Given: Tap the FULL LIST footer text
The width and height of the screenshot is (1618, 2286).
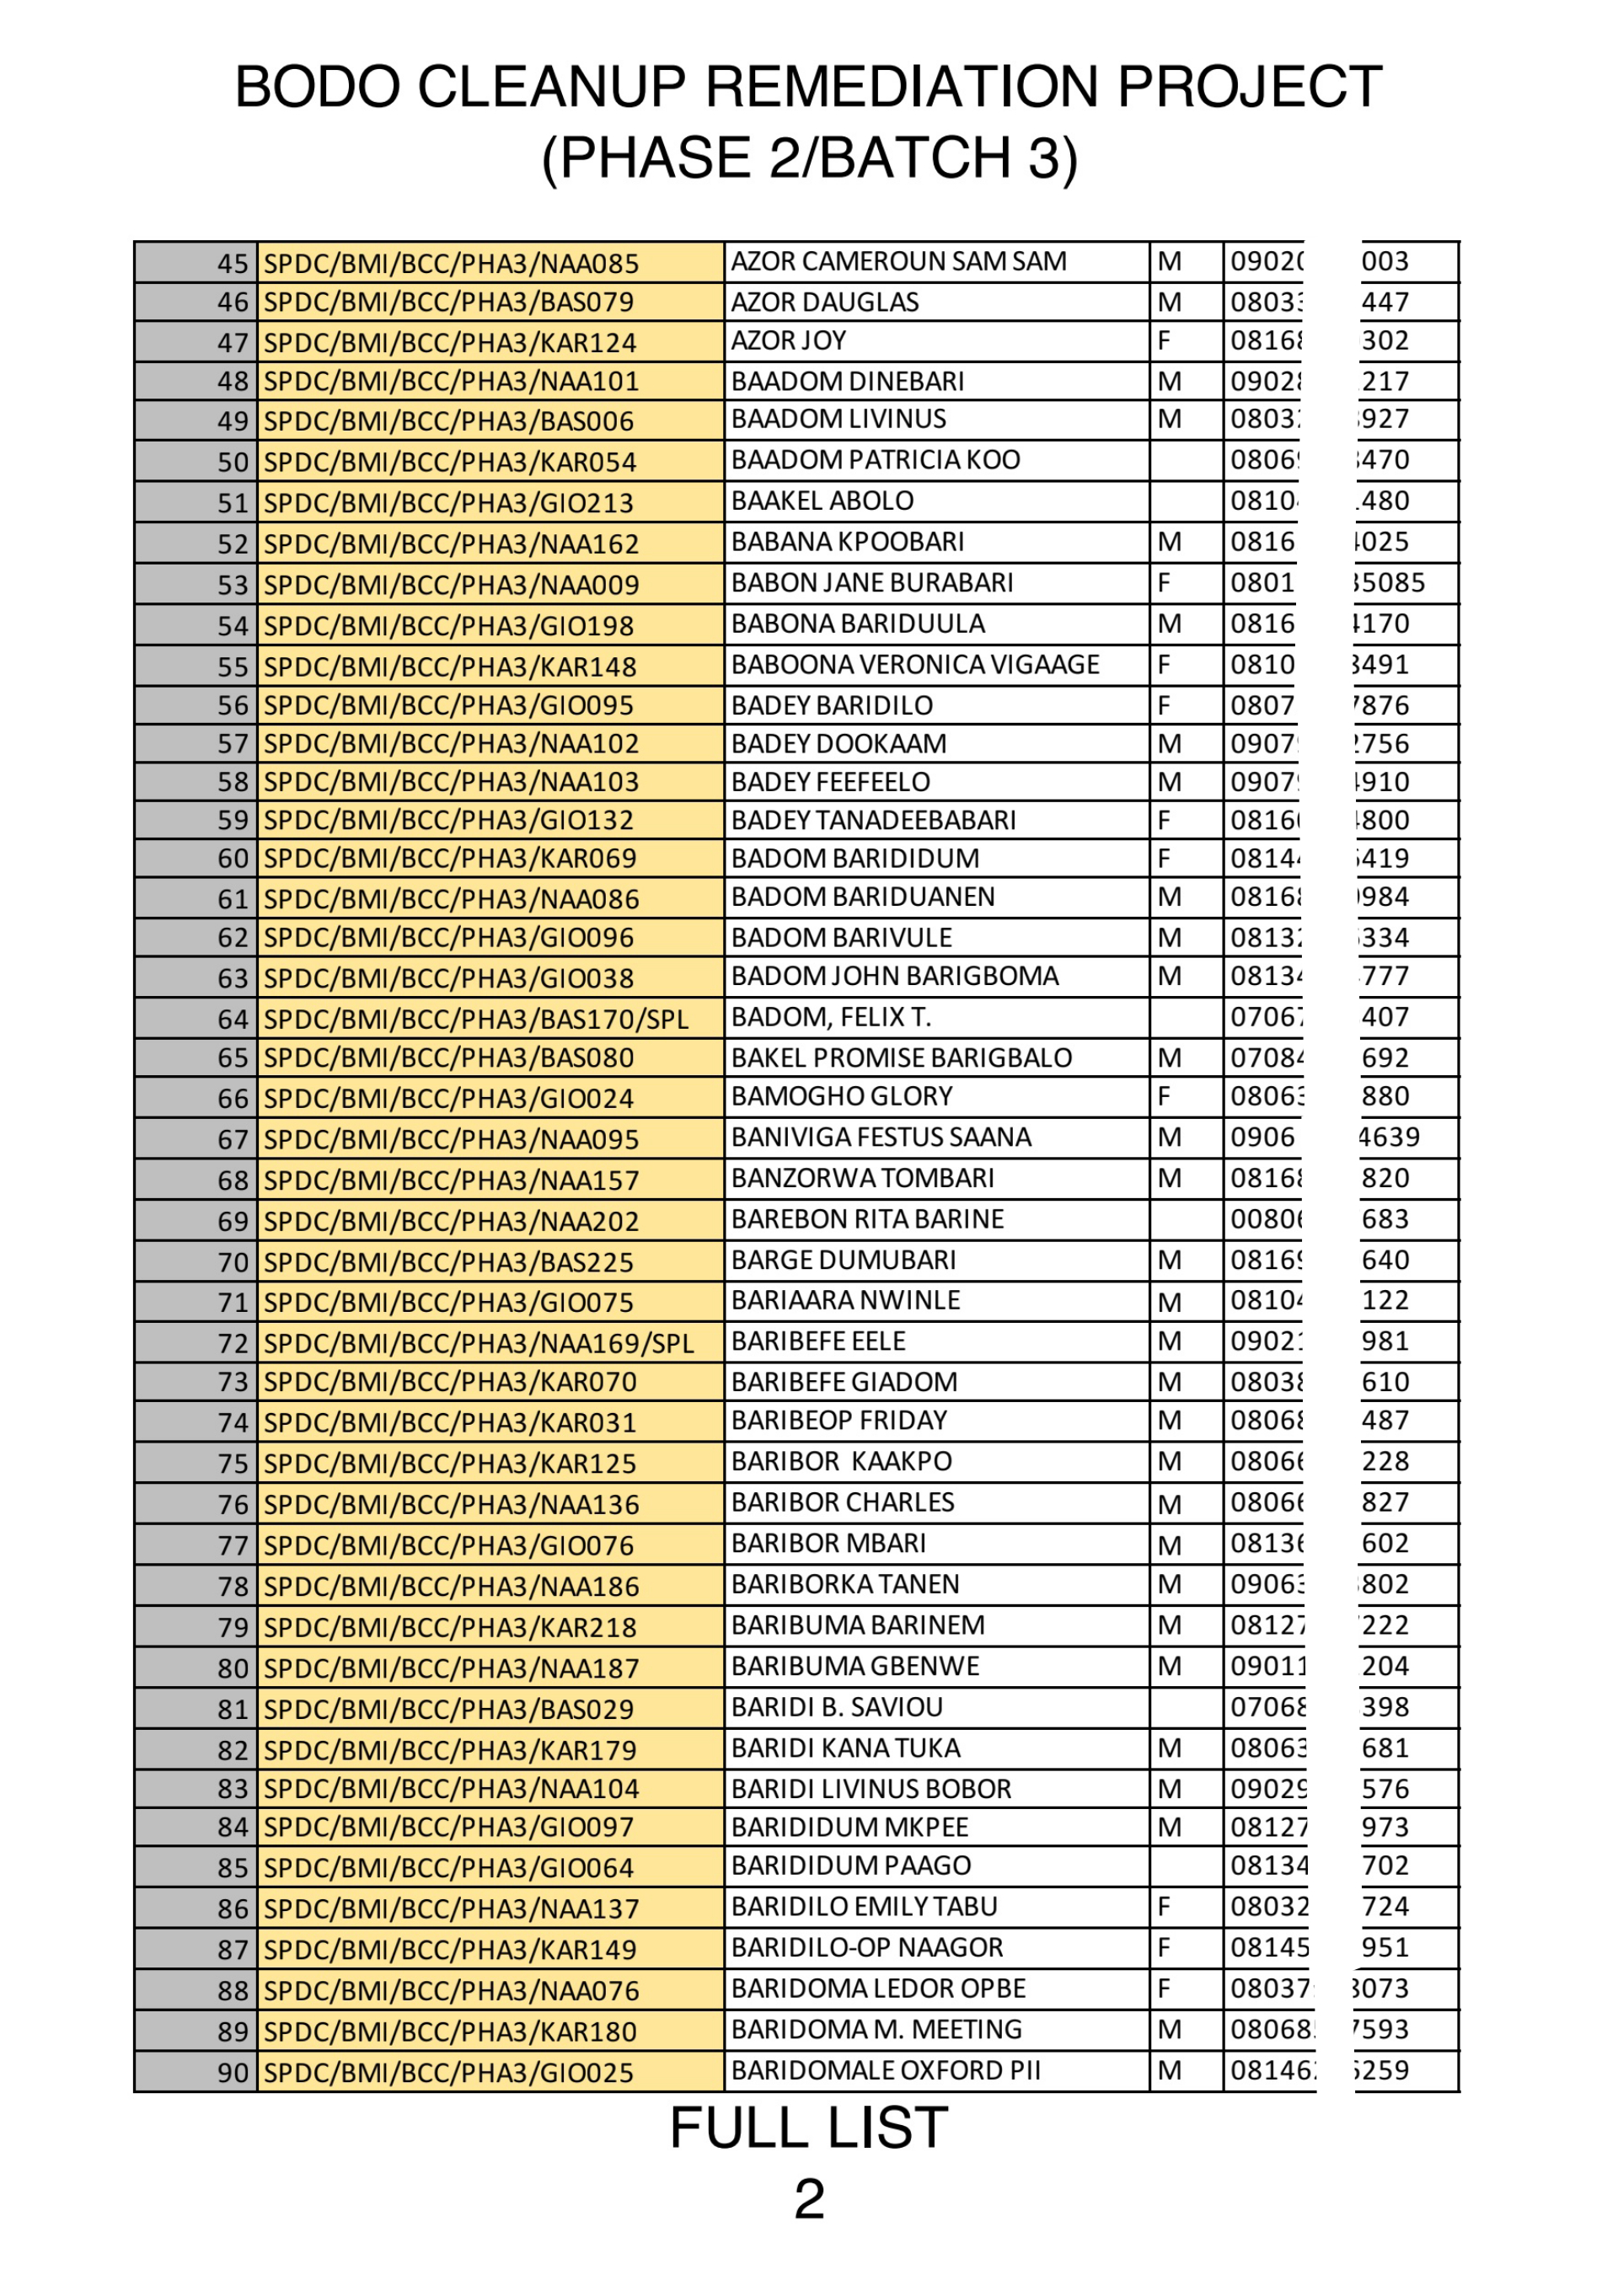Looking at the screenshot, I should [x=808, y=2127].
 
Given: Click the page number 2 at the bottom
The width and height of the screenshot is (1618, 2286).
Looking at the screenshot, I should [x=809, y=2198].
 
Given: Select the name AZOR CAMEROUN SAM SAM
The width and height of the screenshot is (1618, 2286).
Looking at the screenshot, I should [x=897, y=261].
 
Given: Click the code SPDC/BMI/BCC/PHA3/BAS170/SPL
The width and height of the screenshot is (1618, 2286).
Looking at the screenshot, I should [x=475, y=1019].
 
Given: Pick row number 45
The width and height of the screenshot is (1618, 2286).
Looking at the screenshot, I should [x=232, y=263].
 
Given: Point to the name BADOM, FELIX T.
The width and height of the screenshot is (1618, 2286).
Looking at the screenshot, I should [x=831, y=1017].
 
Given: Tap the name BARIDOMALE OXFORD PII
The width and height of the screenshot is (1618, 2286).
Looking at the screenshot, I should [x=885, y=2069].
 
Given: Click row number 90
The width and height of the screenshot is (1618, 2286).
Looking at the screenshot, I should [x=232, y=2072].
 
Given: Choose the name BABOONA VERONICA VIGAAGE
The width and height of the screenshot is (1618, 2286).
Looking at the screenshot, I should [x=914, y=664].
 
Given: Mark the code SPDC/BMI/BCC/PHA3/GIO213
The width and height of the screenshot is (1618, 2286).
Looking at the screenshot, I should [x=448, y=502].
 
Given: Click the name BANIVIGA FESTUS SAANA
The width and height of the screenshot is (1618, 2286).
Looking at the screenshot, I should [x=881, y=1137].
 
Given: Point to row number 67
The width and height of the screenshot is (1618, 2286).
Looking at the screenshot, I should [x=232, y=1138].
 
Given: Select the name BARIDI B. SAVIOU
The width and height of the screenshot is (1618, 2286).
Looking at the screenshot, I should [x=836, y=1706].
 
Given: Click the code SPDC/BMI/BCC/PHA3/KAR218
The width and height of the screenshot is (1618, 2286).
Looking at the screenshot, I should [x=449, y=1626].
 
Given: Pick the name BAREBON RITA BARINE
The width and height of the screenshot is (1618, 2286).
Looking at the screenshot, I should [x=867, y=1218].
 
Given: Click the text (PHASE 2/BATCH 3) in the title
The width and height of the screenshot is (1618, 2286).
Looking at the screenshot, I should [x=809, y=158].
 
